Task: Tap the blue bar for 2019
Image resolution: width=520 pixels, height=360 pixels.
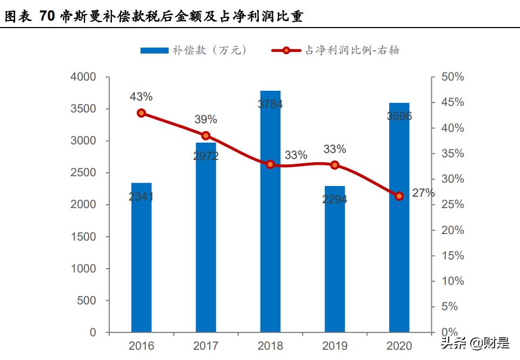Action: (335, 259)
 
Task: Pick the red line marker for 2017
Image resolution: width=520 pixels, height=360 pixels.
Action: (206, 136)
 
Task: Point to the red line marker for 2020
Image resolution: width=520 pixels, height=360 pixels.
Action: (399, 196)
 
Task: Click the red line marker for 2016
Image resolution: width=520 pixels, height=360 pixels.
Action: (141, 113)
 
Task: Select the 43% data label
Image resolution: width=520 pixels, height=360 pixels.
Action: (141, 97)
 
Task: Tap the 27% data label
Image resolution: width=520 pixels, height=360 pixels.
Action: (423, 193)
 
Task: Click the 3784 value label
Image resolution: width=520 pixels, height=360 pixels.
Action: (270, 104)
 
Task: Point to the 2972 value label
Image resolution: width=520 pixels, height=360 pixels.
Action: (205, 156)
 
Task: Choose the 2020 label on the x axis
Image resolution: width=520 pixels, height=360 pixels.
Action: (399, 346)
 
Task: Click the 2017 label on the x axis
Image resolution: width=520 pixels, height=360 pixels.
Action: (206, 346)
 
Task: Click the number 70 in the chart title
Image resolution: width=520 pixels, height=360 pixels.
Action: (47, 17)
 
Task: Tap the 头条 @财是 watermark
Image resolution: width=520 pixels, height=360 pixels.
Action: (475, 343)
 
